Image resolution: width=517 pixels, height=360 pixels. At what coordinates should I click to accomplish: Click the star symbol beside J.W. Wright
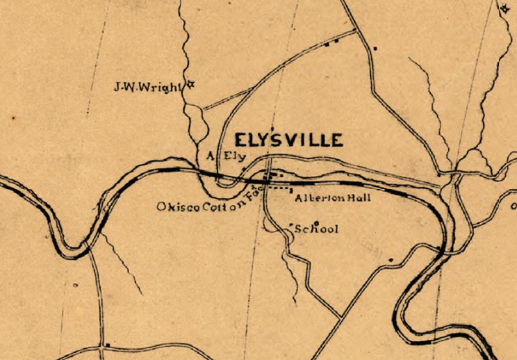coord(190,85)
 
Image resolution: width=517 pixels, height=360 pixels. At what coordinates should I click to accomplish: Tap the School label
coord(317,229)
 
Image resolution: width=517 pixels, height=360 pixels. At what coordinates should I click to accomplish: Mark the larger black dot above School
coord(316,222)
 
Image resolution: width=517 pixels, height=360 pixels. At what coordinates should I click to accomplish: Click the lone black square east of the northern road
coord(375,49)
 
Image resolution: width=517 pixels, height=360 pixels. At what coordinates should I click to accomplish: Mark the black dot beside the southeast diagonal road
coord(391,260)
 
